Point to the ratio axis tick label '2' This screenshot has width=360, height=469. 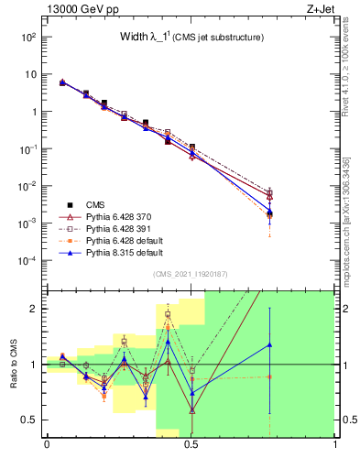pyautogui.click(x=34, y=309)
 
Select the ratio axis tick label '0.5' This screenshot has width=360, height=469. pyautogui.click(x=29, y=420)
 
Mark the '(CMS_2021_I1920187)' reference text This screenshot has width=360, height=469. pyautogui.click(x=191, y=275)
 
